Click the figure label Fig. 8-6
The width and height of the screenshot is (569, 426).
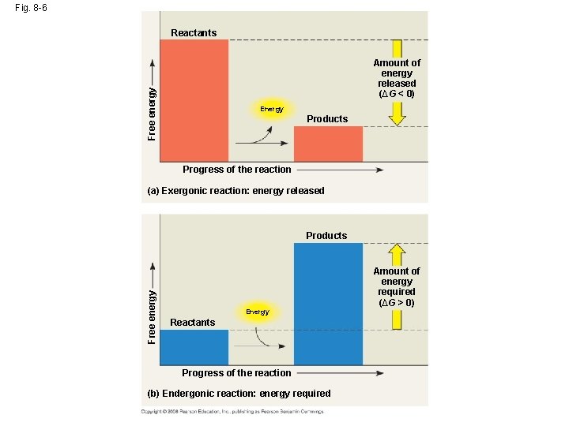[29, 9]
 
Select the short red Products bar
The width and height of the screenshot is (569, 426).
[328, 144]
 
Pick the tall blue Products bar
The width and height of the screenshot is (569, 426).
[328, 304]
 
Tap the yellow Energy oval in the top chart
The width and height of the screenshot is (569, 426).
[271, 109]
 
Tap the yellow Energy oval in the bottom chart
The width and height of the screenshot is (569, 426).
[257, 312]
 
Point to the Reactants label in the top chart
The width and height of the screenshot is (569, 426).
[194, 32]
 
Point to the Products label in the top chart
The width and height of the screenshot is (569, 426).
[327, 119]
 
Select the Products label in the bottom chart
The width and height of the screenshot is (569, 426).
[326, 235]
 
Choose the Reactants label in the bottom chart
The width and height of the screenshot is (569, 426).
[193, 322]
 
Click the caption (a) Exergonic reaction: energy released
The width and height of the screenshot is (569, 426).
[236, 191]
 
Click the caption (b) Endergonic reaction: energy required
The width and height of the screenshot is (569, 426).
[239, 393]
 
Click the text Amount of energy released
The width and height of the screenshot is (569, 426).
[397, 78]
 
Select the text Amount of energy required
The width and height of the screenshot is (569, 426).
[397, 286]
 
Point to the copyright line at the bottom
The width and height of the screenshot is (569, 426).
[232, 411]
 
